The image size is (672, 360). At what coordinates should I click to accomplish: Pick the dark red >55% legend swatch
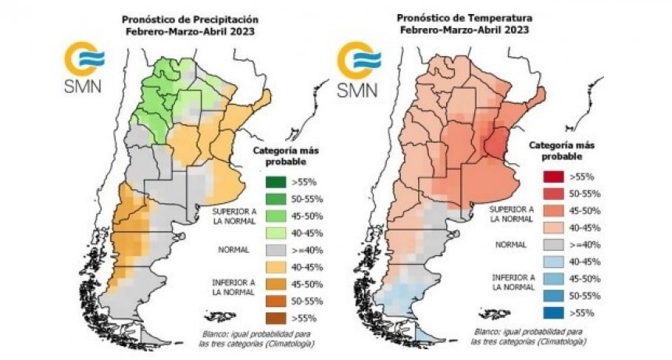(x=553, y=176)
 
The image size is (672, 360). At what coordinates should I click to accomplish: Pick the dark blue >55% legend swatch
(x=553, y=312)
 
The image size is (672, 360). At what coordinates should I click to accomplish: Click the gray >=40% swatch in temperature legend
(x=553, y=244)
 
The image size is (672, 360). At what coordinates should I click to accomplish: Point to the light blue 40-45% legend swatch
(x=553, y=262)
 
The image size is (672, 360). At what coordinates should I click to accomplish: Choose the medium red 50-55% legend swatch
(x=553, y=194)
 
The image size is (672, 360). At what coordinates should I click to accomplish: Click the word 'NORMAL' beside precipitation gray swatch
(x=234, y=251)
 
